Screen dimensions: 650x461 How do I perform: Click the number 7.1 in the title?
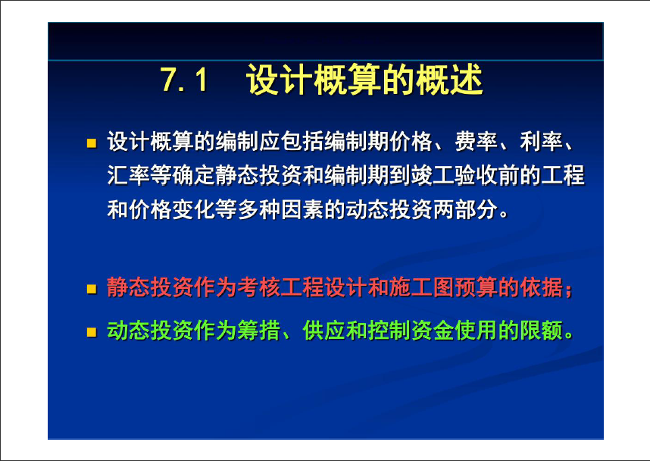pos(184,80)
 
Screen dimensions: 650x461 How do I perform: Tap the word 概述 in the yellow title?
pos(449,80)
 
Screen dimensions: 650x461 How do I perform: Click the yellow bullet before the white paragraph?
pos(92,143)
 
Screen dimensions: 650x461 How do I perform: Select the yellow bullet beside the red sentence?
pos(92,288)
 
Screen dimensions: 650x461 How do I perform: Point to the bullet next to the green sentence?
pos(92,332)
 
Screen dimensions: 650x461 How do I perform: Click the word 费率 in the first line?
pos(477,142)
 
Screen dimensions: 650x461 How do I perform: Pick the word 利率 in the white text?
pos(542,142)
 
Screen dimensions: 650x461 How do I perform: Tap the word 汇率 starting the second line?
pos(129,175)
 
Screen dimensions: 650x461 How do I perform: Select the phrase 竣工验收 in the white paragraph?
pos(455,175)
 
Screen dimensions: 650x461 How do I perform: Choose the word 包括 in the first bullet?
pos(302,142)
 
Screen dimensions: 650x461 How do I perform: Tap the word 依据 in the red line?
pos(542,287)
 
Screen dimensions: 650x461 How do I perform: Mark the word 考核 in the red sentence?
pos(259,287)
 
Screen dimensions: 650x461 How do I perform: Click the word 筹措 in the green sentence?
pos(259,331)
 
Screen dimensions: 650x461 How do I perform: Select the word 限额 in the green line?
pos(542,331)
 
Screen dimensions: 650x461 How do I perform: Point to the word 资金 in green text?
pos(433,331)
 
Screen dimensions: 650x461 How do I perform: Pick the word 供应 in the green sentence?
pos(324,331)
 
